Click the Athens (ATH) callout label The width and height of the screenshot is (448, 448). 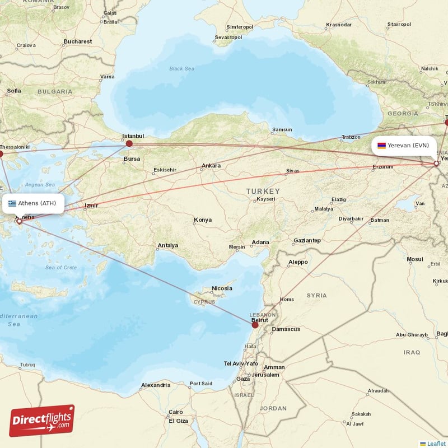coord(32,203)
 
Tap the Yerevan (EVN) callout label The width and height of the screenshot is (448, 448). coord(403,146)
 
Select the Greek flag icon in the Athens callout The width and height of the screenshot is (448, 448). coord(12,203)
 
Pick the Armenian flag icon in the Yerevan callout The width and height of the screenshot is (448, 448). coord(381,146)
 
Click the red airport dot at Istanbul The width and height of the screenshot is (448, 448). coord(129,143)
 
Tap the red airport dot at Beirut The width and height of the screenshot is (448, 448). coord(255,324)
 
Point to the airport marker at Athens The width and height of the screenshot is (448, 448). coord(20,221)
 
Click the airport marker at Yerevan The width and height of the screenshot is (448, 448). coord(436,164)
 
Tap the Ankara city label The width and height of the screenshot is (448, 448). coord(211,166)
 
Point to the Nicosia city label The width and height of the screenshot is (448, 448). coord(222,288)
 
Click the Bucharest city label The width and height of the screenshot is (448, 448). coord(78,41)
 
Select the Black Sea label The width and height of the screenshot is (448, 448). coord(181,69)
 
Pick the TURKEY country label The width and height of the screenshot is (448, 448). coord(262,192)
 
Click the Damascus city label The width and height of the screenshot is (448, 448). coord(286,329)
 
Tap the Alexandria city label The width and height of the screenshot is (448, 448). coord(156,385)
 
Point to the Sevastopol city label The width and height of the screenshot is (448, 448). coord(228,38)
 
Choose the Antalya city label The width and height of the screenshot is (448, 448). coord(168,245)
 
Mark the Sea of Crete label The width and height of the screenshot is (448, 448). coord(61,268)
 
